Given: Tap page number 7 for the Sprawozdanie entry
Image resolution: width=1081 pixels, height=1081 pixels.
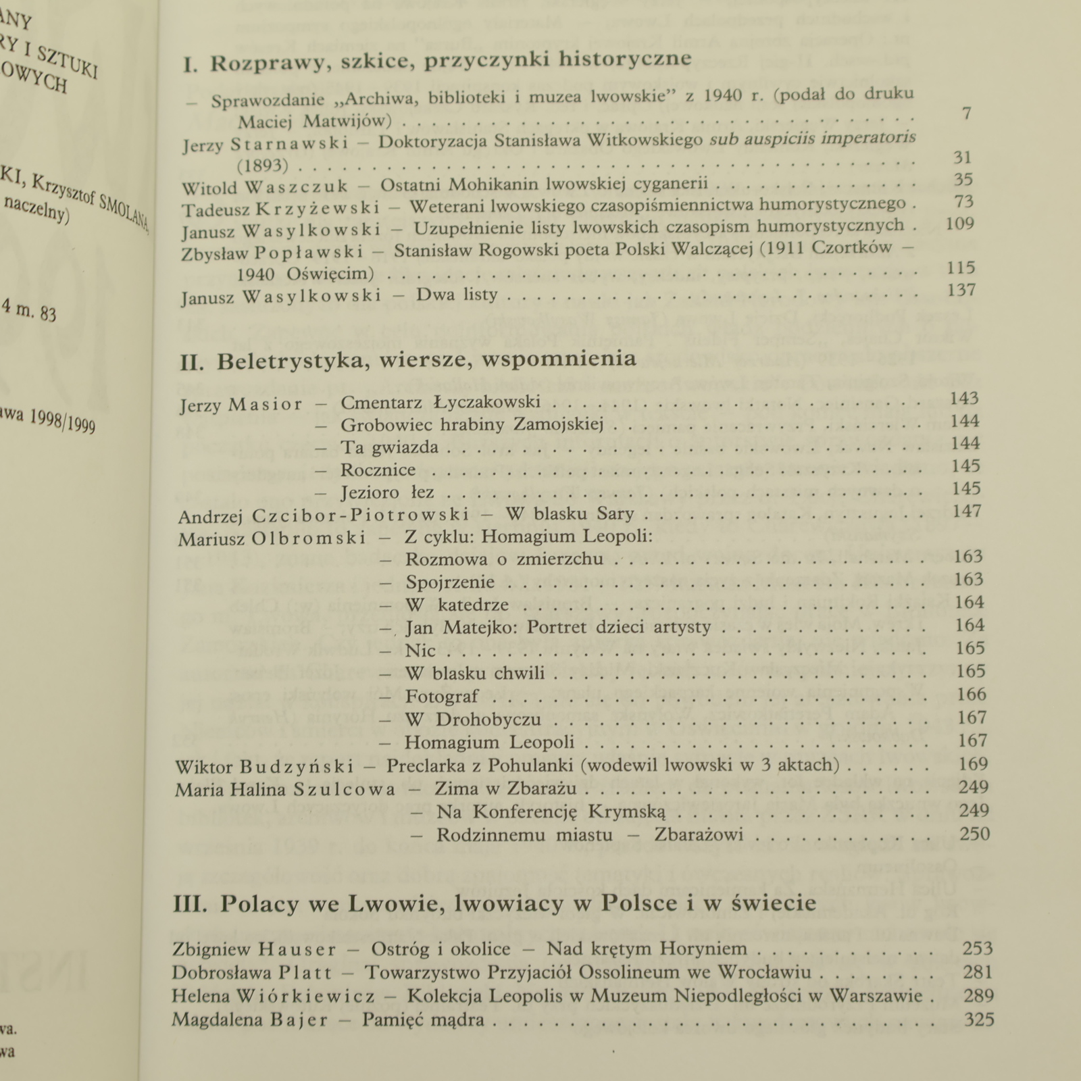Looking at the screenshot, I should [966, 114].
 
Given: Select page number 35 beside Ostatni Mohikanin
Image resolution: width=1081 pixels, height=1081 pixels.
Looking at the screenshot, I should [963, 180].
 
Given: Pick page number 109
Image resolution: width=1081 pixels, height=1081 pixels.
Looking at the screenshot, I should [959, 224].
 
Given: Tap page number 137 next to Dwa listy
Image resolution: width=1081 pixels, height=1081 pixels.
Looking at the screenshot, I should [961, 291].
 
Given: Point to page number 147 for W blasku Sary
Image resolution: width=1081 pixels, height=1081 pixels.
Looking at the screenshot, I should [966, 511].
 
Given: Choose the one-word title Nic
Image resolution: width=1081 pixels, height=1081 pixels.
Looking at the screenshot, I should [420, 651].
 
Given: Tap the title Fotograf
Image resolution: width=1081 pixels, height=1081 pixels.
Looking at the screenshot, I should [442, 697].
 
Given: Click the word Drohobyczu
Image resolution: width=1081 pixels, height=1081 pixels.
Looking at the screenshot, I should [488, 720].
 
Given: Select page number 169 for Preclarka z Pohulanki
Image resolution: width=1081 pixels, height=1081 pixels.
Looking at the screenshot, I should [973, 765].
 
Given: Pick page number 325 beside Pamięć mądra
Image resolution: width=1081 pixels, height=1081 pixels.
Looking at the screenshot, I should [979, 1019].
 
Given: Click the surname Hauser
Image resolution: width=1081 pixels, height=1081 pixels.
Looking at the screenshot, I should [297, 950].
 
